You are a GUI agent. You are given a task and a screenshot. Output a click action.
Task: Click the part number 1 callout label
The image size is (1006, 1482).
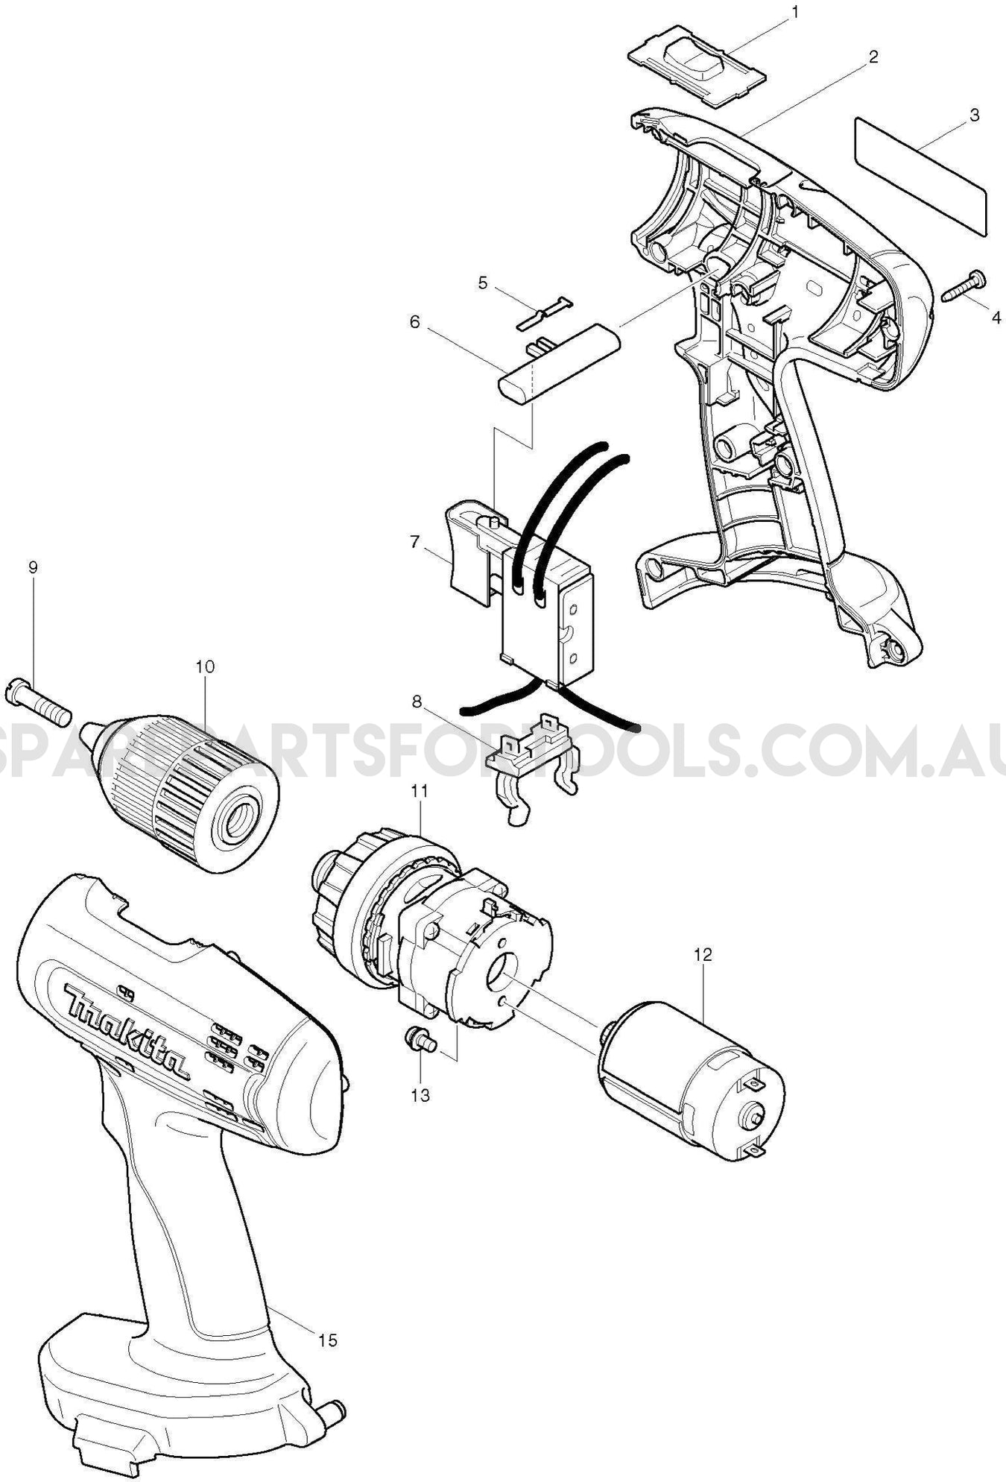click(x=795, y=12)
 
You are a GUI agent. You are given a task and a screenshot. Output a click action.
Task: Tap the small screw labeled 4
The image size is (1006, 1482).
click(x=964, y=286)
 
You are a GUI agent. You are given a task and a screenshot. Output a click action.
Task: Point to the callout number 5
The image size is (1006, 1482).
click(x=483, y=283)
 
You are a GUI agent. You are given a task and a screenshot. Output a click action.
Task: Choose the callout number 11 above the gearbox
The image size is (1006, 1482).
click(x=420, y=791)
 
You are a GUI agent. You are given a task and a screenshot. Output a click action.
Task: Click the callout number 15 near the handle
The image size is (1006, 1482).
click(x=328, y=1340)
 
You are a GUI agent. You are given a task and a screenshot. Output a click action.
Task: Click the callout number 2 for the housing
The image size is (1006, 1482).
click(x=873, y=56)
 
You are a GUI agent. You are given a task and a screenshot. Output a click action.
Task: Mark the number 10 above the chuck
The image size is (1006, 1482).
click(x=205, y=666)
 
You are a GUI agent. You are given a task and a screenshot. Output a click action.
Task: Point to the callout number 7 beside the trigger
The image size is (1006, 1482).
click(x=415, y=542)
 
